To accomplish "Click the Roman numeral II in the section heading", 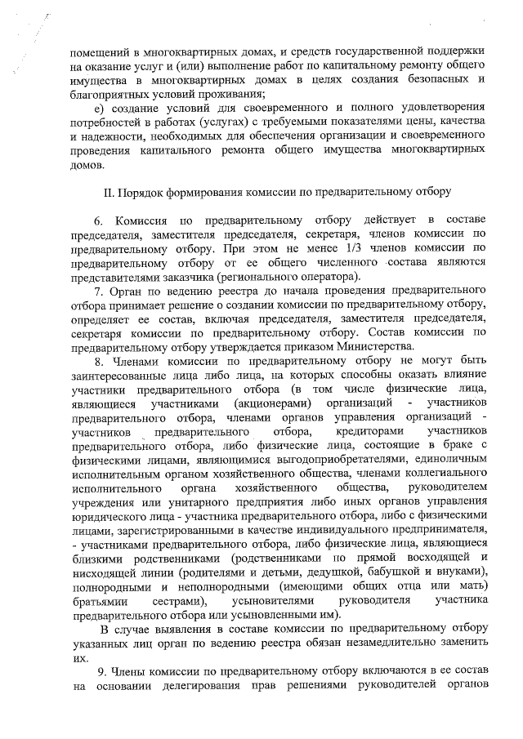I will click(x=108, y=193).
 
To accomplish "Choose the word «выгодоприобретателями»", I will click(x=261, y=462).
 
